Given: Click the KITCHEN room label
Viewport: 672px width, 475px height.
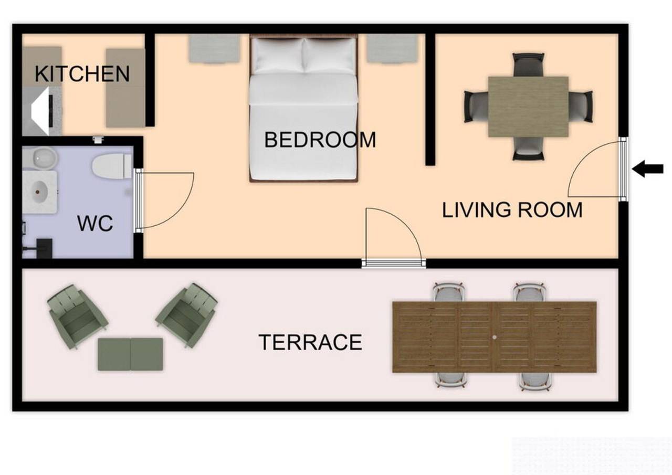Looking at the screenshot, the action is pyautogui.click(x=82, y=74).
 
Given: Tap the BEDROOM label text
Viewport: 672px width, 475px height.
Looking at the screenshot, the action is pyautogui.click(x=320, y=140).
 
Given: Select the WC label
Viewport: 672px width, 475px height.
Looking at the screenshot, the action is pyautogui.click(x=95, y=223).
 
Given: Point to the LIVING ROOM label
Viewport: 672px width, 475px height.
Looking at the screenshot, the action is pyautogui.click(x=512, y=210).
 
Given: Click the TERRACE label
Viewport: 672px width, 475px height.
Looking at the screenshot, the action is pyautogui.click(x=310, y=342).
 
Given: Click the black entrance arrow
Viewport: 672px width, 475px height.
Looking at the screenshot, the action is pyautogui.click(x=647, y=169).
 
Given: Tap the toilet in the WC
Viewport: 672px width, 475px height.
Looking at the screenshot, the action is pyautogui.click(x=112, y=166).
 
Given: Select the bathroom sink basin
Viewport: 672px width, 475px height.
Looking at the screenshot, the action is pyautogui.click(x=40, y=192).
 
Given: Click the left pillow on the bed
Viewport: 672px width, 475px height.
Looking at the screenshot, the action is pyautogui.click(x=278, y=56).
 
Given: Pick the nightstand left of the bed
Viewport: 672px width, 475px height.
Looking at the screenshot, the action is pyautogui.click(x=214, y=48).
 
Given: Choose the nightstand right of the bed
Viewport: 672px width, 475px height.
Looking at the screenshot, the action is pyautogui.click(x=392, y=48).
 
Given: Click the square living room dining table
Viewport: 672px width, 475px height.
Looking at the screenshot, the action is pyautogui.click(x=528, y=107).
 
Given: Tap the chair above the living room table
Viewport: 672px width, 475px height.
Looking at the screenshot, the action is pyautogui.click(x=528, y=65).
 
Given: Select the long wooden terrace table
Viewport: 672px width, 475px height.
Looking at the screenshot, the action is pyautogui.click(x=495, y=337).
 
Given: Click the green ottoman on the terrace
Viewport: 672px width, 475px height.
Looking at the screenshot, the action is pyautogui.click(x=131, y=354).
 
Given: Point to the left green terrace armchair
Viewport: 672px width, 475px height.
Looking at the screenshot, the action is pyautogui.click(x=77, y=316).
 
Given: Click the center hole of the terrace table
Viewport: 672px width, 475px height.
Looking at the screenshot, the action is pyautogui.click(x=495, y=337).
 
